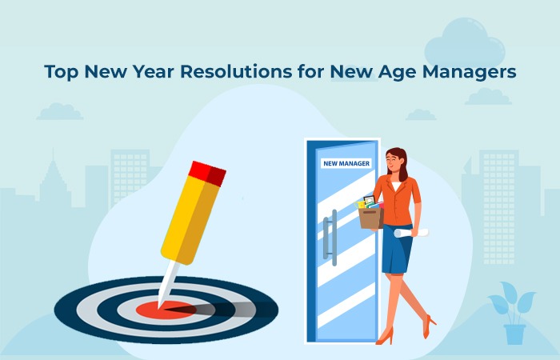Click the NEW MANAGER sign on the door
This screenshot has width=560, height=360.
coord(346,164)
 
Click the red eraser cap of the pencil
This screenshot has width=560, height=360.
coord(207,173)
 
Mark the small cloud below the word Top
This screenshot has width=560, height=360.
coord(60,111)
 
